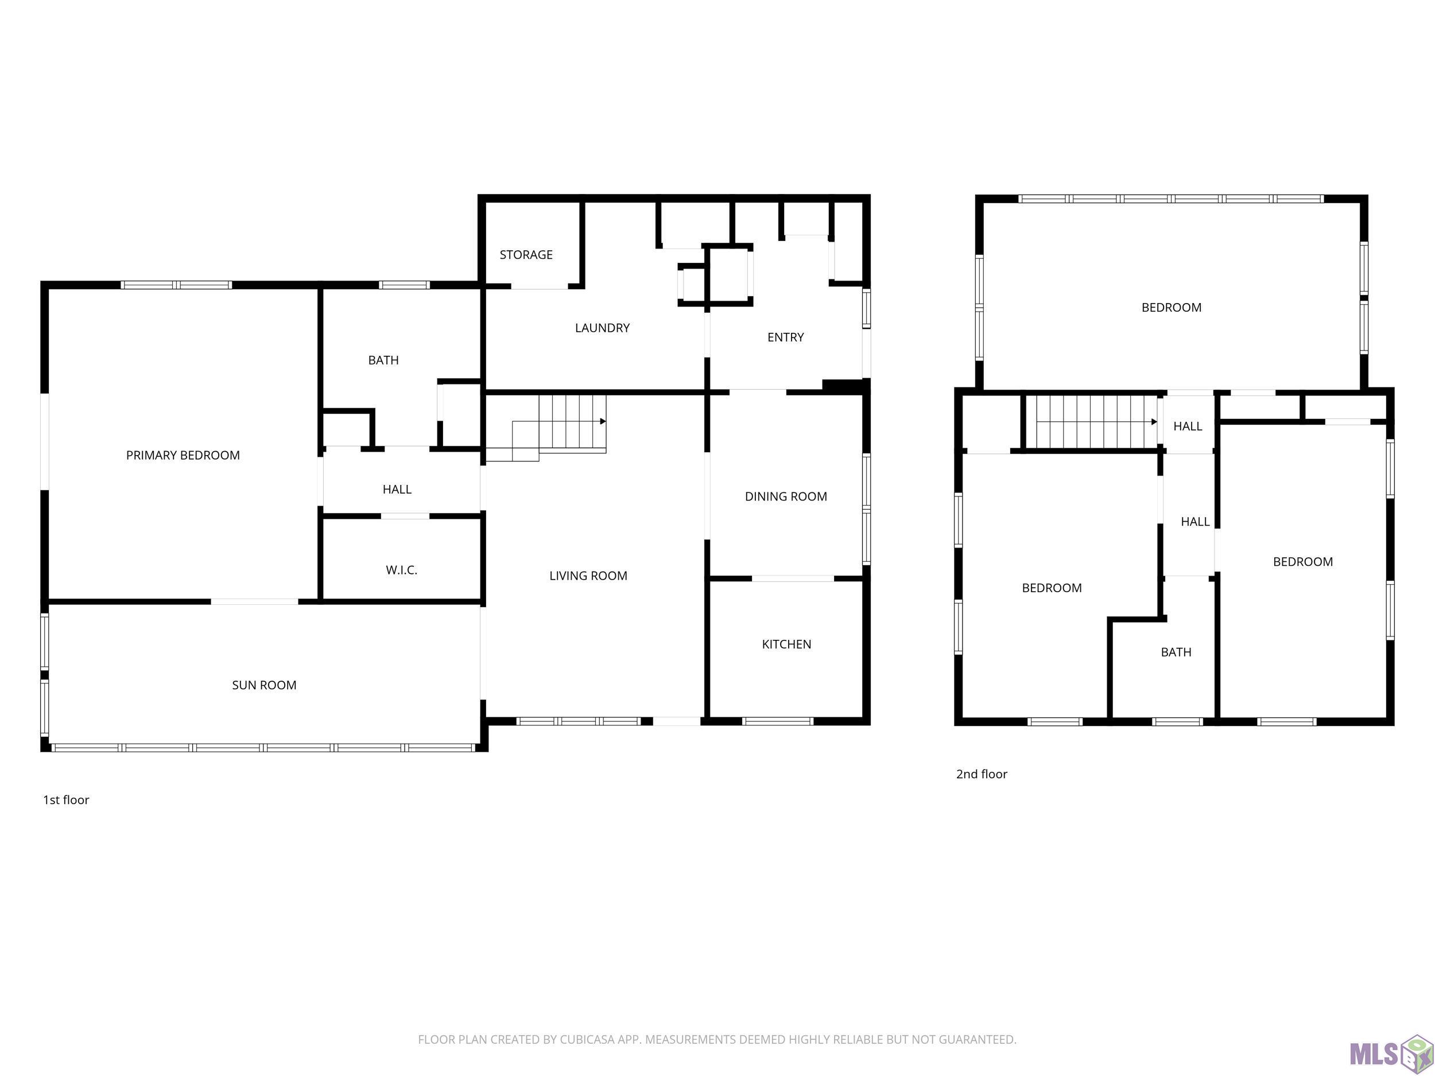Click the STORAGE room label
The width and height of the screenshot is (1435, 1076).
[x=526, y=255]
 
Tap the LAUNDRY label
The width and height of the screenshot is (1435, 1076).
[x=602, y=328]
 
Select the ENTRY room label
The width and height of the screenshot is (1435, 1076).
[x=786, y=337]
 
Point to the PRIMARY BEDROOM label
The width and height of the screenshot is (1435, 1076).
[x=183, y=455]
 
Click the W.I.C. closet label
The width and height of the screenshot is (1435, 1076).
[x=402, y=570]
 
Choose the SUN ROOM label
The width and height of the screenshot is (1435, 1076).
[x=264, y=685]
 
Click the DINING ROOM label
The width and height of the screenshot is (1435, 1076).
[x=786, y=497]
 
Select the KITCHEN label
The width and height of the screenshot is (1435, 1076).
[x=786, y=644]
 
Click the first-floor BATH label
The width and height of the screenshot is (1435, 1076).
[x=383, y=360]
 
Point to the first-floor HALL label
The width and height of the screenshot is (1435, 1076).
[x=397, y=489]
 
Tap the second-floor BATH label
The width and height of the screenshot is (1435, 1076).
[x=1176, y=652]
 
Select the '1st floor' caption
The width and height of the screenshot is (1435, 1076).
[x=66, y=800]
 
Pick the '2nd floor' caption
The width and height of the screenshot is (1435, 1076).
[x=982, y=774]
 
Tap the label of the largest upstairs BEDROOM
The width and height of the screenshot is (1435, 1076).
[x=1172, y=308]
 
